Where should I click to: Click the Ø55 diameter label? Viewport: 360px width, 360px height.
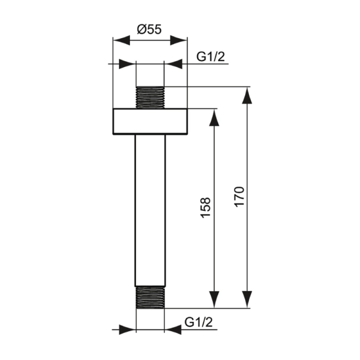pos(149,29)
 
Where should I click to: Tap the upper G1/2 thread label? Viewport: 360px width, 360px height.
pos(211,56)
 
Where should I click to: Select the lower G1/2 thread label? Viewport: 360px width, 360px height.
pos(199,322)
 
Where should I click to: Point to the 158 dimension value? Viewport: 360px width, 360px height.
pos(205,207)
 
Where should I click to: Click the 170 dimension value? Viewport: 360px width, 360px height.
pos(239,197)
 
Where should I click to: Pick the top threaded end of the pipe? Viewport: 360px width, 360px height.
pos(150,97)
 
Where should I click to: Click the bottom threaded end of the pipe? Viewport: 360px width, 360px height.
pos(150,297)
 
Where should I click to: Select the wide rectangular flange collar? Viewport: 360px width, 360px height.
pos(150,121)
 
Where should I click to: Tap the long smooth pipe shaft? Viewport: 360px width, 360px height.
pos(150,211)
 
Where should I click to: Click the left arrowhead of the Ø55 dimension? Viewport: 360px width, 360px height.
pos(121,41)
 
